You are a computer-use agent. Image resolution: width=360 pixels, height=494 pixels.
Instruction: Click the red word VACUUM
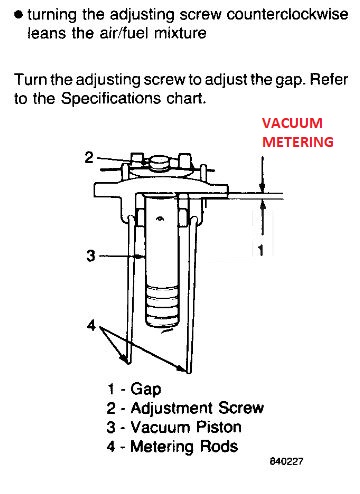(292, 123)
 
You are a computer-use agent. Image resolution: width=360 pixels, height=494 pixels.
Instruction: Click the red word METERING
(298, 142)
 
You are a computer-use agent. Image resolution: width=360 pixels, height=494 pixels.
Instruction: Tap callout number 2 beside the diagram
(89, 157)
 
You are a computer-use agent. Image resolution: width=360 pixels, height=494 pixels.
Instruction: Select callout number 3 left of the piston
(91, 256)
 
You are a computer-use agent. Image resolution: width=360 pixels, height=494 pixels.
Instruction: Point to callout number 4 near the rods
(91, 325)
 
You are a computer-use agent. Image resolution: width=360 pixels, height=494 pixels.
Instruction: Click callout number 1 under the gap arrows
(261, 250)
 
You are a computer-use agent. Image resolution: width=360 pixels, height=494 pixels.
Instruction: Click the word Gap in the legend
(146, 389)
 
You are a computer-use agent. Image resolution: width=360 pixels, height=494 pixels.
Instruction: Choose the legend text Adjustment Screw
(197, 408)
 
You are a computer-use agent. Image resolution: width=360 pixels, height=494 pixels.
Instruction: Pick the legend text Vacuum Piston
(186, 427)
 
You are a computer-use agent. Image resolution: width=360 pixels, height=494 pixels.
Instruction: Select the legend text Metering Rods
(184, 446)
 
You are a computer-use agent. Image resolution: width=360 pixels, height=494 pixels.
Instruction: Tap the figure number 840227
(286, 461)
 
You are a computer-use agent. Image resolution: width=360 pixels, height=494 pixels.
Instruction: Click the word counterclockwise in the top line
(287, 14)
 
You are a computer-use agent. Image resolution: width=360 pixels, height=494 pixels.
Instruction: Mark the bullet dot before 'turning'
(19, 15)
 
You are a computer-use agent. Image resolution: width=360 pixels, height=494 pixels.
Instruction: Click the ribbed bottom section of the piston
(162, 306)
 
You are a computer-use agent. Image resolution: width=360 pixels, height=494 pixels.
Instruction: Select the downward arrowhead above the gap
(263, 186)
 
